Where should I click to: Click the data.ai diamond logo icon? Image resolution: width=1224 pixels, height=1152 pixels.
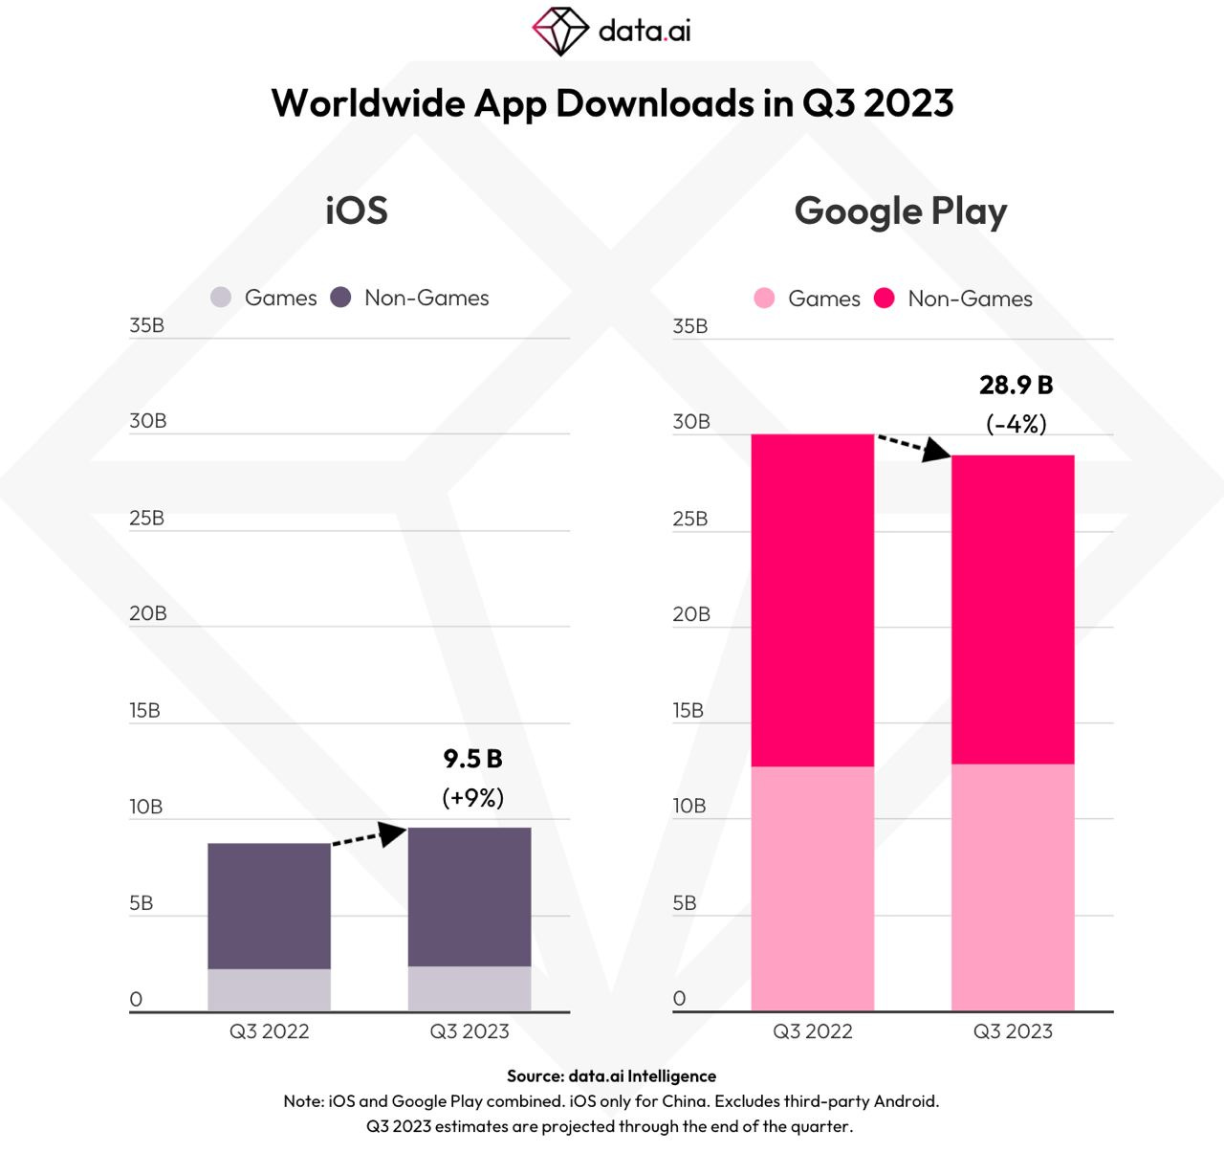tap(560, 31)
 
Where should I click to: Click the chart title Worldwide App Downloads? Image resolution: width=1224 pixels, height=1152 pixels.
tap(612, 103)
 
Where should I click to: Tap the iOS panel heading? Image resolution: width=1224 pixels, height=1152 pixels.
tap(357, 210)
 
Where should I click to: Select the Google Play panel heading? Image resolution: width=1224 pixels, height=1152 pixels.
tap(900, 211)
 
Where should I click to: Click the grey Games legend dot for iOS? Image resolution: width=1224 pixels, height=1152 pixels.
tap(221, 298)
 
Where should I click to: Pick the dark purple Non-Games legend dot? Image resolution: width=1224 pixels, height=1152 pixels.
tap(340, 298)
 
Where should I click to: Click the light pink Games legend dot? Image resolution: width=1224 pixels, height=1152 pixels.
tap(764, 299)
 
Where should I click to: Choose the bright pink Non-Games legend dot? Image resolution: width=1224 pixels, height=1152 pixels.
tap(885, 299)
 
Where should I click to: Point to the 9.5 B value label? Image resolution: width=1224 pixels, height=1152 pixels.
tap(472, 759)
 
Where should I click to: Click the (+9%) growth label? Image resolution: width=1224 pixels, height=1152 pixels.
tap(472, 797)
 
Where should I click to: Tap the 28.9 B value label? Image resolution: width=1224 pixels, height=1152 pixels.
tap(1016, 385)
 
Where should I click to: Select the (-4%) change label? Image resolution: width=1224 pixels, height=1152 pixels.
tap(1016, 423)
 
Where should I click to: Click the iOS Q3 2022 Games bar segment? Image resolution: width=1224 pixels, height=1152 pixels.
tap(269, 989)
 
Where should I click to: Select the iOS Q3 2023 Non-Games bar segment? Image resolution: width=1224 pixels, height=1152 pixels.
tap(470, 897)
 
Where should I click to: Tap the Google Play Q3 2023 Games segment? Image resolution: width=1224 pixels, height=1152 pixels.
tap(1013, 887)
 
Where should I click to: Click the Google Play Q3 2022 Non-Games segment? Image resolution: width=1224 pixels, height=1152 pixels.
tap(813, 600)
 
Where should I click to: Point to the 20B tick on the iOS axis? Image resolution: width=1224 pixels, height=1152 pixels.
tap(148, 613)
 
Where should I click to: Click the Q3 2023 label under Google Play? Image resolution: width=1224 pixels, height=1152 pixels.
tap(1013, 1031)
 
